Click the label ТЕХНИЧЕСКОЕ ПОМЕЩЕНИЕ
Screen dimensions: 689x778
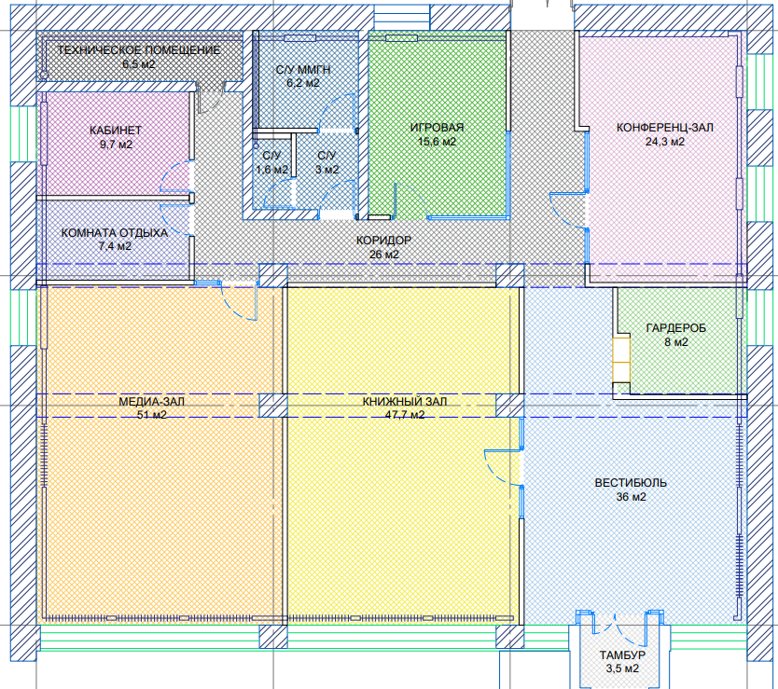[x=138, y=50]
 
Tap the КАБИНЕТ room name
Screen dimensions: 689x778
[x=116, y=131]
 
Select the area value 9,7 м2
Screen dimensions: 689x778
[x=116, y=145]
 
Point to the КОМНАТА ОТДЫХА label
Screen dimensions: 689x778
[x=114, y=233]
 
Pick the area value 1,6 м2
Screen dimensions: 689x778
[x=271, y=170]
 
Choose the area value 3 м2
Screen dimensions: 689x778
[x=326, y=170]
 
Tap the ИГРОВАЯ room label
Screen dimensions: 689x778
[x=437, y=128]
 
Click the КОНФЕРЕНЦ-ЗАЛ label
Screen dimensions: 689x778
[x=664, y=128]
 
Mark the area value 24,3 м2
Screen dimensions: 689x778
[x=664, y=142]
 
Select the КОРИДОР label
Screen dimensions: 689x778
[x=383, y=241]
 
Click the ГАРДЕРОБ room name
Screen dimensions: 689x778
[x=675, y=328]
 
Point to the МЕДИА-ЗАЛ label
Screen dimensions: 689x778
[x=151, y=402]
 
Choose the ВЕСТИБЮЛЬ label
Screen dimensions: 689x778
[x=631, y=483]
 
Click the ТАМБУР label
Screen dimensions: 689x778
[x=619, y=655]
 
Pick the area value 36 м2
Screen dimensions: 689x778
[x=631, y=497]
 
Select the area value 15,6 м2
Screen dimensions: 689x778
[x=437, y=142]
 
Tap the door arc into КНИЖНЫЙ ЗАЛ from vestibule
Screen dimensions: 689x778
[x=494, y=462]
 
